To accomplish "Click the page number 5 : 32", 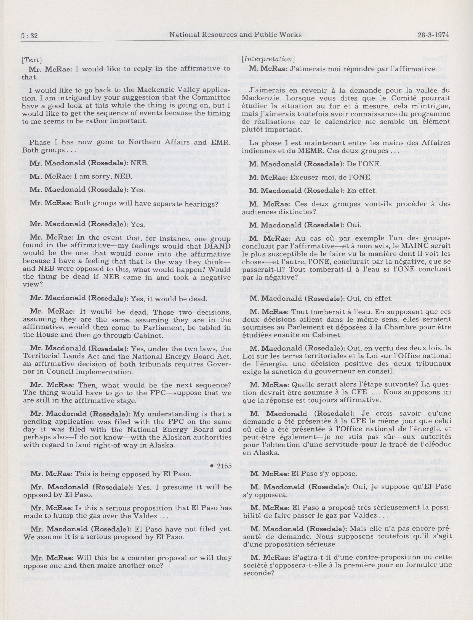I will click(29, 35).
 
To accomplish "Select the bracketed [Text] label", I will click(32, 60).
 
